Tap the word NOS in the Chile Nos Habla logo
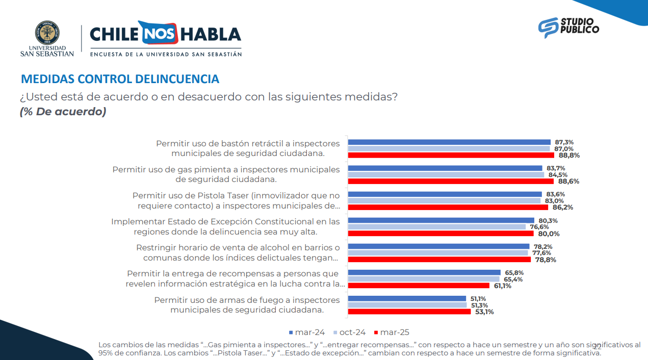(158, 34)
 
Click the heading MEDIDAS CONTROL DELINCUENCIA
(120, 79)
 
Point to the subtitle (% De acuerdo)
(63, 112)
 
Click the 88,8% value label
(569, 155)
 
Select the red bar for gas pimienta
(450, 181)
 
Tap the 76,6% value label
(541, 227)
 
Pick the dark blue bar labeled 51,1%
(407, 299)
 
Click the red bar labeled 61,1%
(419, 286)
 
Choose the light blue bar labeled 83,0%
(444, 201)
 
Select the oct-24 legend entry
(352, 332)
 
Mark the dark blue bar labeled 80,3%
(441, 220)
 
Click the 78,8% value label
(546, 260)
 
